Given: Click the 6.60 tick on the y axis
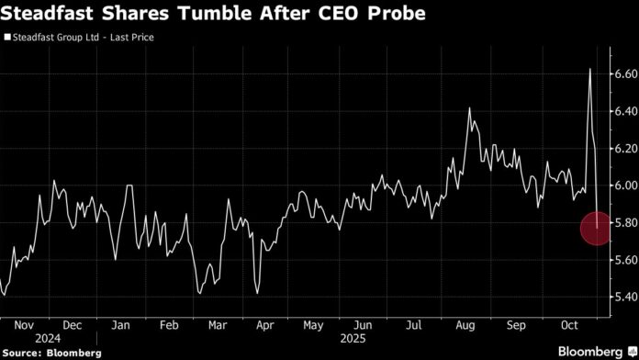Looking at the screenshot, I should [622, 73].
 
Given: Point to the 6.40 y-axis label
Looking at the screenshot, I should [622, 111].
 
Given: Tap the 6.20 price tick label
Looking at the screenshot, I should [622, 148].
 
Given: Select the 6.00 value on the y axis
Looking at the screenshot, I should [622, 186].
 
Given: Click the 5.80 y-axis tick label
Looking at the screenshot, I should [622, 222].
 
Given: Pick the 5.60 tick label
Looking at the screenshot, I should [622, 260].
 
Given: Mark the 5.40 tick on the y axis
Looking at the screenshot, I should [622, 297].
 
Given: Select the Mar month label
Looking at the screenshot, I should [219, 325].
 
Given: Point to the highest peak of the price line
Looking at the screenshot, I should [589, 69].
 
